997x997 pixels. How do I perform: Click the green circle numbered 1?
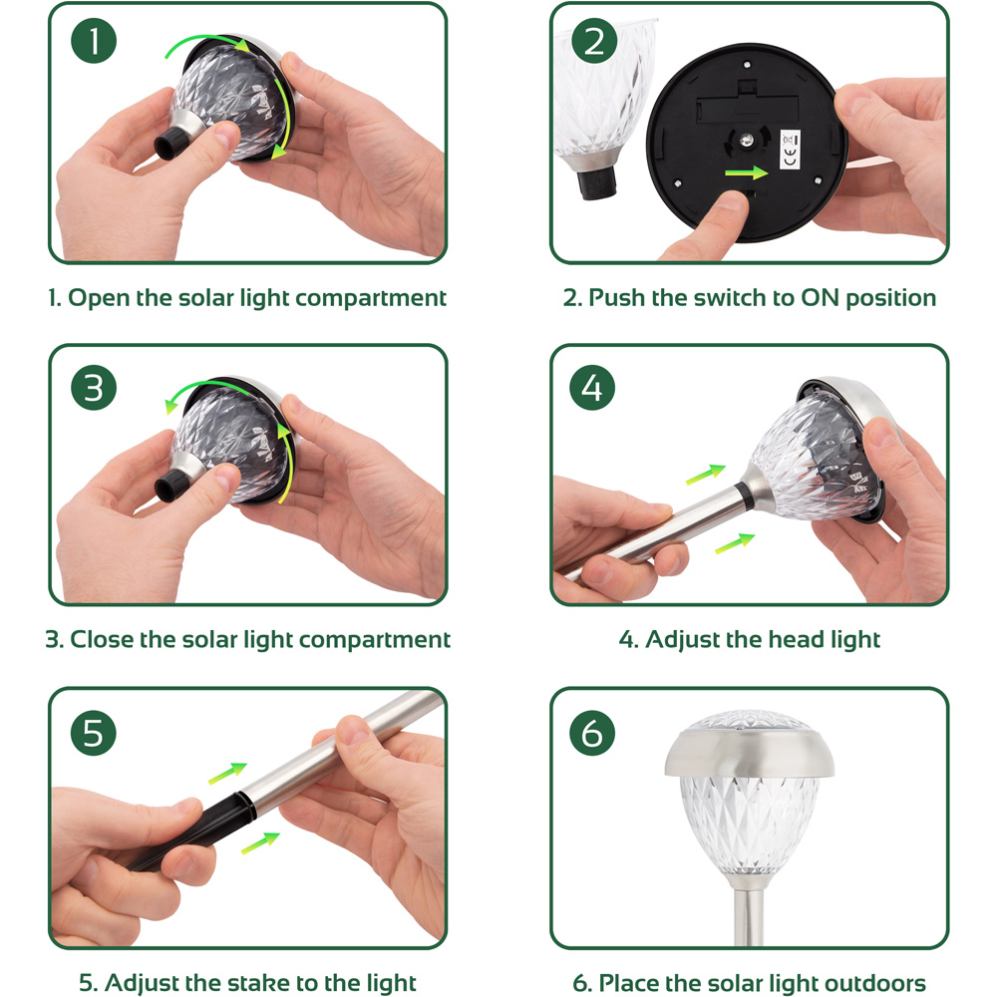click(x=94, y=41)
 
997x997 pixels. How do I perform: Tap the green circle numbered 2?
click(x=594, y=41)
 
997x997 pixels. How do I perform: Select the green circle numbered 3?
click(x=94, y=387)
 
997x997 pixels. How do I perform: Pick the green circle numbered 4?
click(x=592, y=387)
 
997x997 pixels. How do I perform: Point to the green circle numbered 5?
click(x=94, y=733)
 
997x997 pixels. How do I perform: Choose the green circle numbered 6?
click(x=592, y=733)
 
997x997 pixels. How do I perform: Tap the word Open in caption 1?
click(x=99, y=298)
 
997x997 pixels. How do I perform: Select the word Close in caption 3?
click(x=102, y=640)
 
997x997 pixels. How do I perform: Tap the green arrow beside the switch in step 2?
click(x=747, y=172)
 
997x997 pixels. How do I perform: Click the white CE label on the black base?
click(x=791, y=150)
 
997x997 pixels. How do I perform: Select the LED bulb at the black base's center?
click(x=747, y=141)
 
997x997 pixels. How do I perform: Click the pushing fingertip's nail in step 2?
click(x=732, y=200)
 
